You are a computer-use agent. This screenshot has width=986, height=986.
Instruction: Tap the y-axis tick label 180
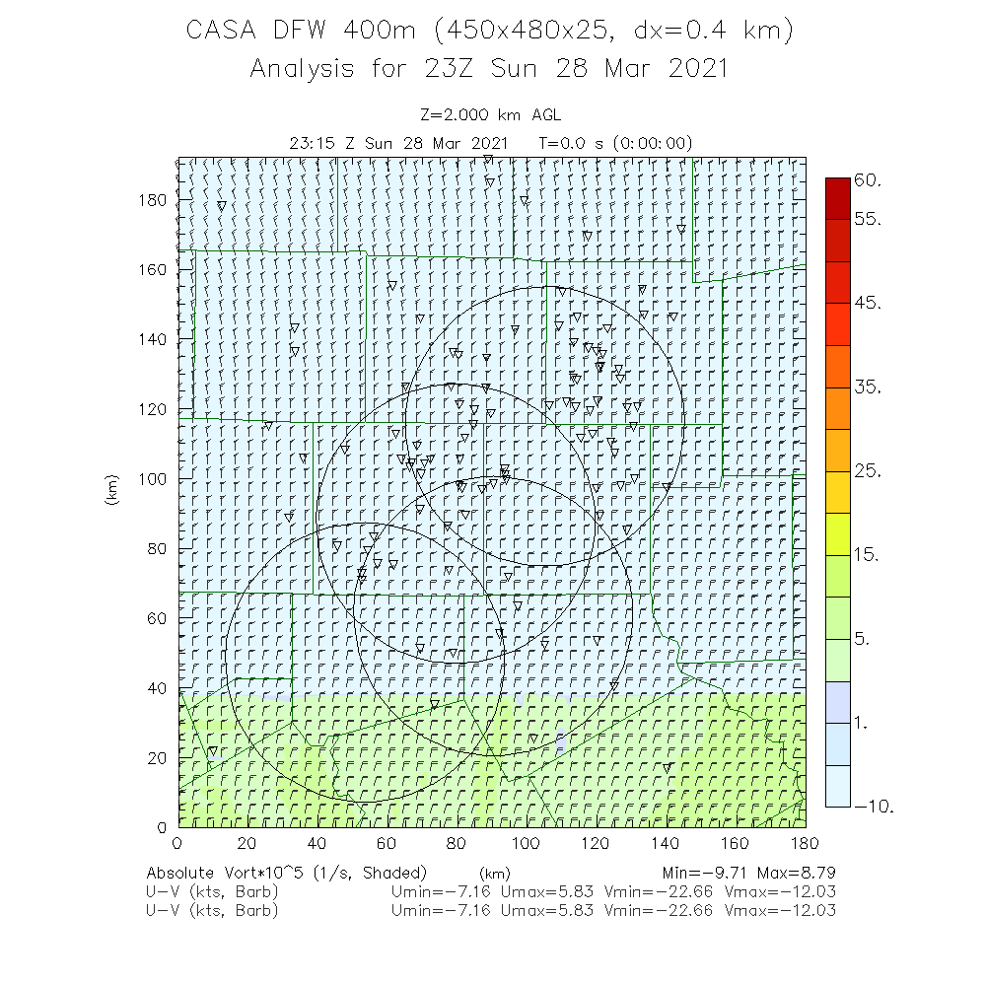coord(154,200)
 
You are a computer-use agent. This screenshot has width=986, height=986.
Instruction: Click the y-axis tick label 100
coord(154,479)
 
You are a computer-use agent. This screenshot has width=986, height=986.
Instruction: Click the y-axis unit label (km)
coord(111,490)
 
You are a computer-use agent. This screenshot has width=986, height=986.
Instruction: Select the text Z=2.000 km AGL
coord(490,114)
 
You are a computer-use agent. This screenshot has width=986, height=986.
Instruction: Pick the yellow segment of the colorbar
coord(838,533)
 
